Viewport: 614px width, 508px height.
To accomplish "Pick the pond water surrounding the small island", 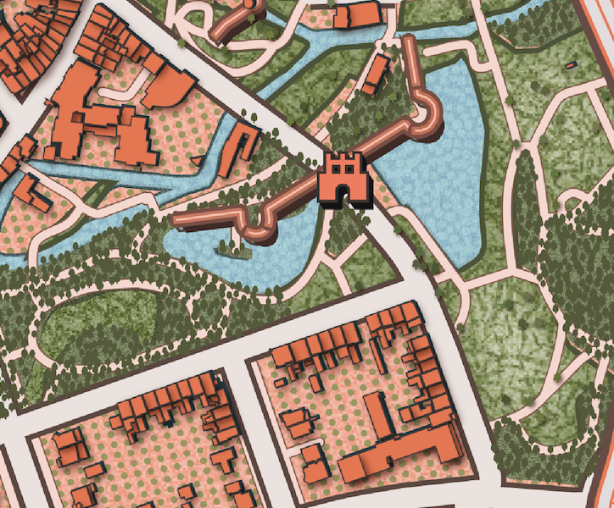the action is click(254, 262).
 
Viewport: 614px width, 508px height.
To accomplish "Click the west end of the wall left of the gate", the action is click(178, 221).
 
